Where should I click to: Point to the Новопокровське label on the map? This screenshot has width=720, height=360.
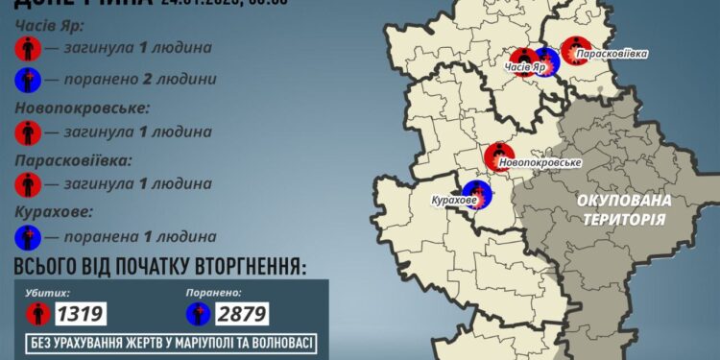pyautogui.click(x=540, y=163)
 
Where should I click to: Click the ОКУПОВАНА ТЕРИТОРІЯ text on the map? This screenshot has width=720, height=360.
pyautogui.click(x=622, y=209)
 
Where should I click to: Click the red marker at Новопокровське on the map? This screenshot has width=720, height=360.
pyautogui.click(x=499, y=155)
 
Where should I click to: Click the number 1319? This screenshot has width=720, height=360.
pyautogui.click(x=79, y=313)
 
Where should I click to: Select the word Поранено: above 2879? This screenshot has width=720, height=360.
pyautogui.click(x=214, y=290)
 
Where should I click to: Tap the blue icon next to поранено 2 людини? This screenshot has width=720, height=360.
pyautogui.click(x=29, y=78)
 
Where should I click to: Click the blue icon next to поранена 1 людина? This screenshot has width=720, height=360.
pyautogui.click(x=29, y=236)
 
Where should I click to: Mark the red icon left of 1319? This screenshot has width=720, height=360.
pyautogui.click(x=36, y=313)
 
